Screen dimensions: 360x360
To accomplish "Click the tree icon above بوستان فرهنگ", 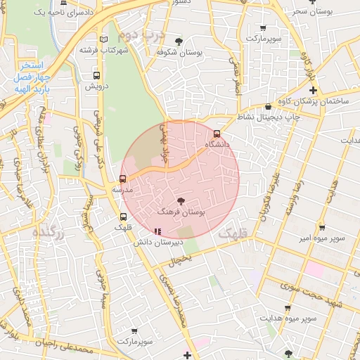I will click(181, 201).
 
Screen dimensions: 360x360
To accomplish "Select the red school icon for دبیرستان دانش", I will click(157, 231).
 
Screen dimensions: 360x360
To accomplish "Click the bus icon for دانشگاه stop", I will click(217, 134).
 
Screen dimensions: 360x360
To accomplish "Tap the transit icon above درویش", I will click(96, 76).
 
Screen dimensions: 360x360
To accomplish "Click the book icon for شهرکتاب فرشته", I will click(104, 39).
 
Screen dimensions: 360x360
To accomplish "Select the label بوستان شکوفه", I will click(179, 52).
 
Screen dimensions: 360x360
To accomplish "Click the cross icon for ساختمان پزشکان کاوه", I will click(313, 91).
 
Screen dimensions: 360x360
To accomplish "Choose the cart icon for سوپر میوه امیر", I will click(321, 228).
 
